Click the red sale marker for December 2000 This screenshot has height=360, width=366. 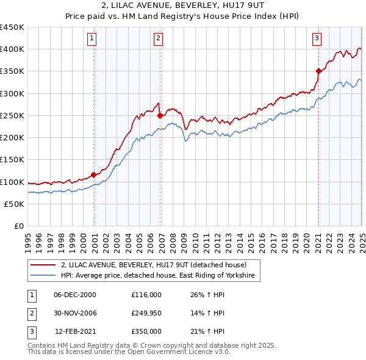click(93, 175)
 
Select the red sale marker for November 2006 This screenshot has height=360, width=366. click(160, 115)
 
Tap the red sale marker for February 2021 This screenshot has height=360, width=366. click(318, 71)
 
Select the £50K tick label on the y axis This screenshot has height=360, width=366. click(14, 204)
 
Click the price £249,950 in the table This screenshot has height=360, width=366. click(146, 313)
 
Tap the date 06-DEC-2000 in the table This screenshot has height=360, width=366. click(75, 295)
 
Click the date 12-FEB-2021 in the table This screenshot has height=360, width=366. click(75, 331)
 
